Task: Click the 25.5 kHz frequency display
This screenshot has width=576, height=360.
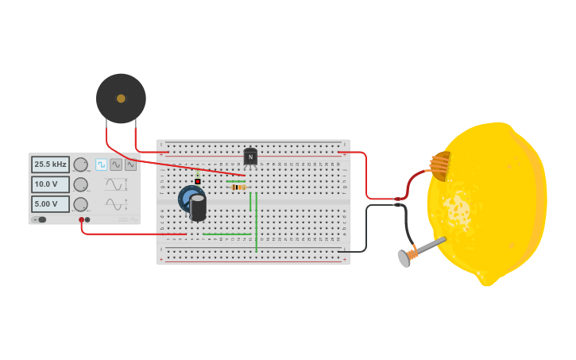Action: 50,165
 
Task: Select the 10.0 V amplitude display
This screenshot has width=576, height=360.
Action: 50,184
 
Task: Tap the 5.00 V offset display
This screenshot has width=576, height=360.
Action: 50,203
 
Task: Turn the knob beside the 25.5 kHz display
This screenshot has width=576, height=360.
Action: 80,165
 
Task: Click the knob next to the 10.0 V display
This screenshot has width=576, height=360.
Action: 80,184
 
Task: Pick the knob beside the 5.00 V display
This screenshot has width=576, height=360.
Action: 80,204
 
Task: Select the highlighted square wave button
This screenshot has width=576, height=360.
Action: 101,165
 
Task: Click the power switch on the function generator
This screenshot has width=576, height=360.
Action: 40,219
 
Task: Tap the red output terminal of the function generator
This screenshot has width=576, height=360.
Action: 81,219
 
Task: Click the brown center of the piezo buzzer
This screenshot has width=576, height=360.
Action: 121,99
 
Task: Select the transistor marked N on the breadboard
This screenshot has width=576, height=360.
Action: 250,157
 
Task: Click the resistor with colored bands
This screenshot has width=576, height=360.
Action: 238,188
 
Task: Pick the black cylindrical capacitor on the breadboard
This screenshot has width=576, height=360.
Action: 198,207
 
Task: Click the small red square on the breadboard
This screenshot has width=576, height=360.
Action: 198,181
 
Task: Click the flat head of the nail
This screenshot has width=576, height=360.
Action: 404,258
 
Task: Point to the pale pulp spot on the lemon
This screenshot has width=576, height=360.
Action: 458,211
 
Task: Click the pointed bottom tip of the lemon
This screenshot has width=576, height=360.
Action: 487,281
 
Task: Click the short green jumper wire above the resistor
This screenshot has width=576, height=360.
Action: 234,181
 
